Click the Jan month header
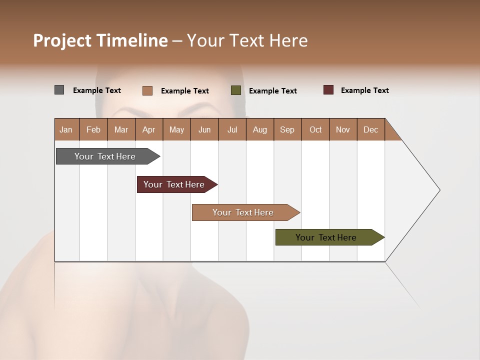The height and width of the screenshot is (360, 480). (x=66, y=129)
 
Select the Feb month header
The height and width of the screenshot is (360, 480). (x=93, y=129)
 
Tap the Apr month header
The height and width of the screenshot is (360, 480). (x=149, y=129)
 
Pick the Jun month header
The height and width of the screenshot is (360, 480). (x=204, y=129)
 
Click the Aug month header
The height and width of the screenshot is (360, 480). (x=260, y=129)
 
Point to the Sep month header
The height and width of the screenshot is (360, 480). (x=287, y=129)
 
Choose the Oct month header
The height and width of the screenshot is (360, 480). (x=315, y=129)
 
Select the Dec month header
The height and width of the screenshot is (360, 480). (x=371, y=129)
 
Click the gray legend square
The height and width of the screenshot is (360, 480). (x=59, y=90)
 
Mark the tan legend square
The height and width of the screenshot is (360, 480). (x=147, y=90)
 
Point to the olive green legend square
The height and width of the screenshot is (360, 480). (x=236, y=90)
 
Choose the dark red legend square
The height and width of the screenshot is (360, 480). (x=328, y=90)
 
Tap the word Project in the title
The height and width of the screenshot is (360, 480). (x=62, y=40)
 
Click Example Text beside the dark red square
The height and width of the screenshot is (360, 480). (x=365, y=90)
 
